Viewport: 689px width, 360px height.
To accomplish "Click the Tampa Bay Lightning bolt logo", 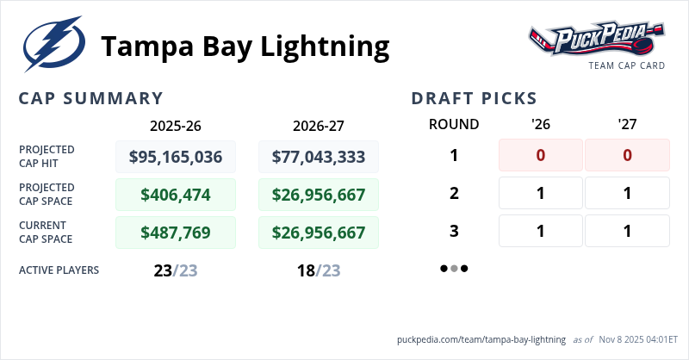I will pos(53,46).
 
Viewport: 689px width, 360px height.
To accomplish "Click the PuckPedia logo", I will pos(596,39).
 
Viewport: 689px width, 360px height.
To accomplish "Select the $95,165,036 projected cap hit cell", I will pos(176,157).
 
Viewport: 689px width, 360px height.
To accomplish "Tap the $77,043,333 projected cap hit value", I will pos(318,157).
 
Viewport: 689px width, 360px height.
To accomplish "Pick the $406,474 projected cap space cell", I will pos(176,195).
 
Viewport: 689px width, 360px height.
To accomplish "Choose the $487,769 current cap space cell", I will pos(176,233).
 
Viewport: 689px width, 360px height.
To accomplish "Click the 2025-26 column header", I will pos(176,125).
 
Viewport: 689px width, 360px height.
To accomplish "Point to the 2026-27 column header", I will pos(318,125).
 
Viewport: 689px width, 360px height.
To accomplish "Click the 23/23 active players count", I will pos(176,270).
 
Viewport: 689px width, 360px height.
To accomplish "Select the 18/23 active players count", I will pos(318,270).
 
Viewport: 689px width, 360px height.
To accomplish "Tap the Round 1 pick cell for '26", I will pos(541,155).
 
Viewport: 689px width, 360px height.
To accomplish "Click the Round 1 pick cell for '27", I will pos(627,155).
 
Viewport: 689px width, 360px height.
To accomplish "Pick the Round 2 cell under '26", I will pos(541,193).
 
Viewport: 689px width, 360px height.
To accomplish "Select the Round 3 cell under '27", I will pos(627,231).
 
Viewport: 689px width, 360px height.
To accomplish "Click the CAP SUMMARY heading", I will pos(90,98).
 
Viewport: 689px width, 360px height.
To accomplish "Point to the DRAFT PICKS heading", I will pos(474,98).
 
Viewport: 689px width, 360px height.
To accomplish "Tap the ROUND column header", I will pos(454,125).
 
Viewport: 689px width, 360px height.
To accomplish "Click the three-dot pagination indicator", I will pos(454,268).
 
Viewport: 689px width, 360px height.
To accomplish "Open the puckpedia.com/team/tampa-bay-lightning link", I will pos(481,339).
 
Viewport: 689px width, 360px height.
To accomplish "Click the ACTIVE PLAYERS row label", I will pos(59,270).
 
